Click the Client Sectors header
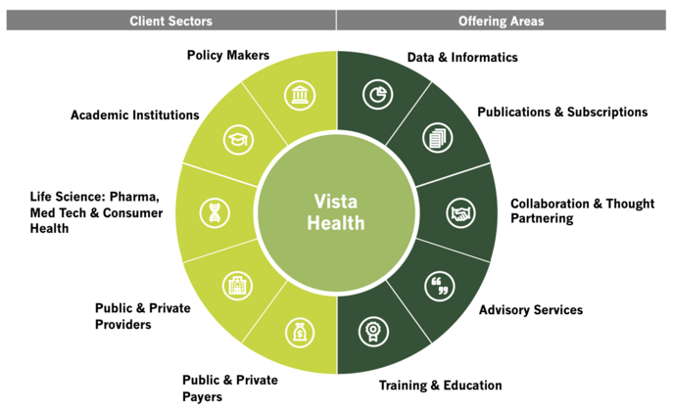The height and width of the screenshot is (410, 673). coord(171,21)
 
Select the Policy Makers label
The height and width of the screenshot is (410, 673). coord(228,55)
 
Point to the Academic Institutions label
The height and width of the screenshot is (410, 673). coord(135,115)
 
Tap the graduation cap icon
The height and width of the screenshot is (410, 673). coord(236,140)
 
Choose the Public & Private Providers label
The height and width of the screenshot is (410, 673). coord(143,316)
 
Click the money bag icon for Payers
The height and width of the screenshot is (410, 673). coord(298,334)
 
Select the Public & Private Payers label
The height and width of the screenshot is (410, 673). coord(230,387)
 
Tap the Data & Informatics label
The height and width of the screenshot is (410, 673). coord(462,58)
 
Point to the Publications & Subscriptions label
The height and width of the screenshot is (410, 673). coord(562,113)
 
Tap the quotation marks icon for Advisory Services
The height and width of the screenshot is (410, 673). coord(438,286)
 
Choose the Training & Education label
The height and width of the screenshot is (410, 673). coord(441,386)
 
